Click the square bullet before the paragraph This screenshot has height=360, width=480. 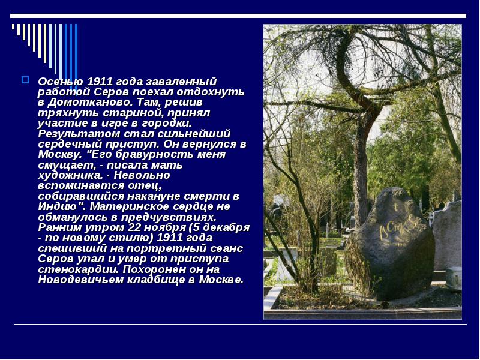click(x=25, y=79)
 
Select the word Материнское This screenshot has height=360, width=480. click(x=131, y=206)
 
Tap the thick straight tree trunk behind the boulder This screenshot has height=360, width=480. click(x=361, y=162)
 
